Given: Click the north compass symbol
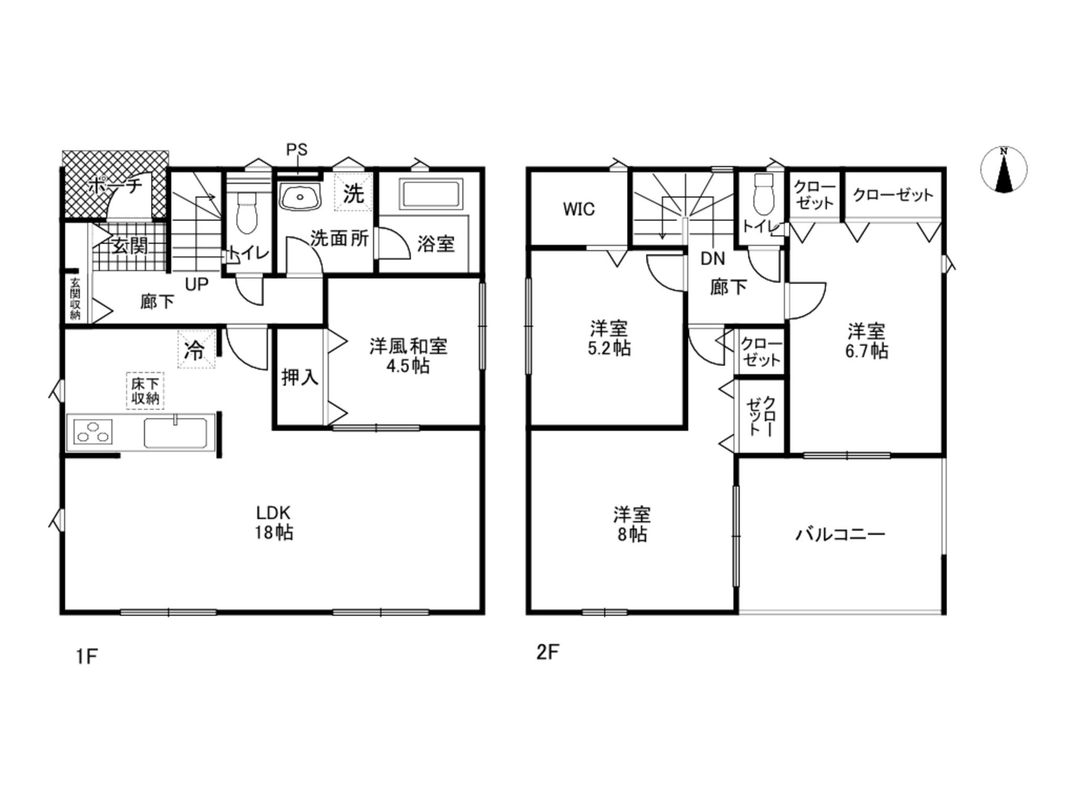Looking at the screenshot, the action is [1003, 170].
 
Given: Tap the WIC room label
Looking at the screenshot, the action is [578, 209].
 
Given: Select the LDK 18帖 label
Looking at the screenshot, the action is [274, 522].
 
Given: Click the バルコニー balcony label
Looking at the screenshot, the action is [840, 534].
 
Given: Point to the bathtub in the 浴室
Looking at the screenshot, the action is [431, 194].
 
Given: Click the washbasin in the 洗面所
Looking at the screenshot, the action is [299, 197].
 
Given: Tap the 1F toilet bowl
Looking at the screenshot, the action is [246, 212].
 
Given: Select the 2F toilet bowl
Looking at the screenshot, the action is [763, 194].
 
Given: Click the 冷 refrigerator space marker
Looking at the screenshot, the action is [196, 349].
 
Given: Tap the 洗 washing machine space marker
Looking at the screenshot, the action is [353, 192].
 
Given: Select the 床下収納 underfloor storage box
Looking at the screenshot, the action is [145, 390].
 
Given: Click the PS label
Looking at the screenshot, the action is [296, 150].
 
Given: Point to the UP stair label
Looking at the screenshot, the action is [196, 284].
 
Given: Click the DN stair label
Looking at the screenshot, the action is [712, 258].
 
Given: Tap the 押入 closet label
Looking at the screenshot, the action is [300, 377].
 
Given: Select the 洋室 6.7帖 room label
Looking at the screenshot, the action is [866, 341].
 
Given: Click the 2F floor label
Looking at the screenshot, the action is [547, 652].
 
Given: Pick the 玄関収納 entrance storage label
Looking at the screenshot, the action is [76, 298].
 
